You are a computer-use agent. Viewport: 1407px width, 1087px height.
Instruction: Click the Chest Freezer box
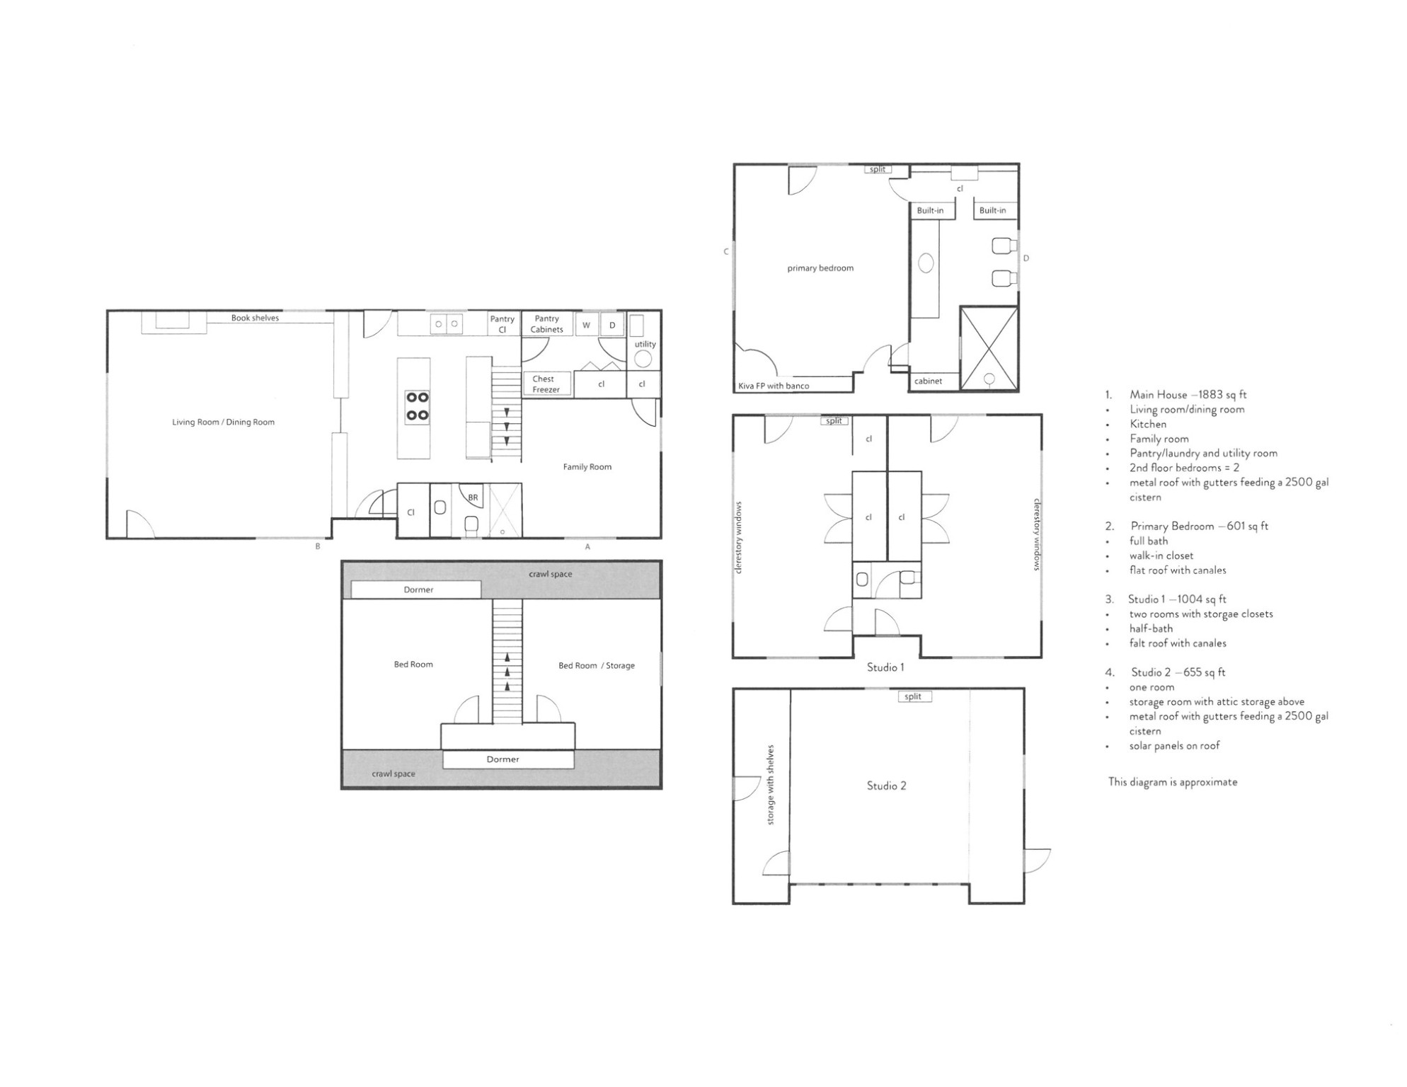tap(546, 384)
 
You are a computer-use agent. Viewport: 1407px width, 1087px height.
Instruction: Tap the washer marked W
tap(586, 326)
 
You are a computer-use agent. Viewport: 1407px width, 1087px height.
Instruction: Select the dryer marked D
tap(612, 326)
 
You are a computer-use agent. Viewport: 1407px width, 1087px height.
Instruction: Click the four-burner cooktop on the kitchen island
tap(418, 407)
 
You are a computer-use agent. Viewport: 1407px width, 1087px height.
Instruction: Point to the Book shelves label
tap(255, 318)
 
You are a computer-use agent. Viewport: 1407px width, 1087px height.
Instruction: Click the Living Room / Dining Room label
tap(223, 422)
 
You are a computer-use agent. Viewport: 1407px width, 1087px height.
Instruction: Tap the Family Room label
tap(587, 467)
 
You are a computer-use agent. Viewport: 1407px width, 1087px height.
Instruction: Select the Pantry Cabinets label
tap(547, 324)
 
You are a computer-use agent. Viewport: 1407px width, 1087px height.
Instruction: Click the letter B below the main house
tap(318, 546)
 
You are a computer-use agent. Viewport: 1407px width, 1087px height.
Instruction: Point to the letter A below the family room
tap(587, 546)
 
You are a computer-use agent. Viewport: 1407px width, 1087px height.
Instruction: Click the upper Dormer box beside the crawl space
tap(416, 589)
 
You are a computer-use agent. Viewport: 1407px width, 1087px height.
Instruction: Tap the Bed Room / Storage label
tap(597, 666)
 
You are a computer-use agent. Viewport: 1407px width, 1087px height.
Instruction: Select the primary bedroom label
tap(820, 268)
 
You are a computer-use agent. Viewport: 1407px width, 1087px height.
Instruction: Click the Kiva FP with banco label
tap(774, 386)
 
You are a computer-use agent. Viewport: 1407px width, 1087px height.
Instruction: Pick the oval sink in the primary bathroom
tap(926, 264)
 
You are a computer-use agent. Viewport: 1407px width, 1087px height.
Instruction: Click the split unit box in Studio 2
tap(914, 696)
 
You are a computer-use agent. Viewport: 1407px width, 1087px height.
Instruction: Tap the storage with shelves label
tap(771, 785)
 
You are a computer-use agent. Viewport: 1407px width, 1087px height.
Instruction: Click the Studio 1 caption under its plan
tap(885, 667)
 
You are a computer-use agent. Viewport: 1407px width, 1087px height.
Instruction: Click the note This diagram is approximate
tap(1173, 782)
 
